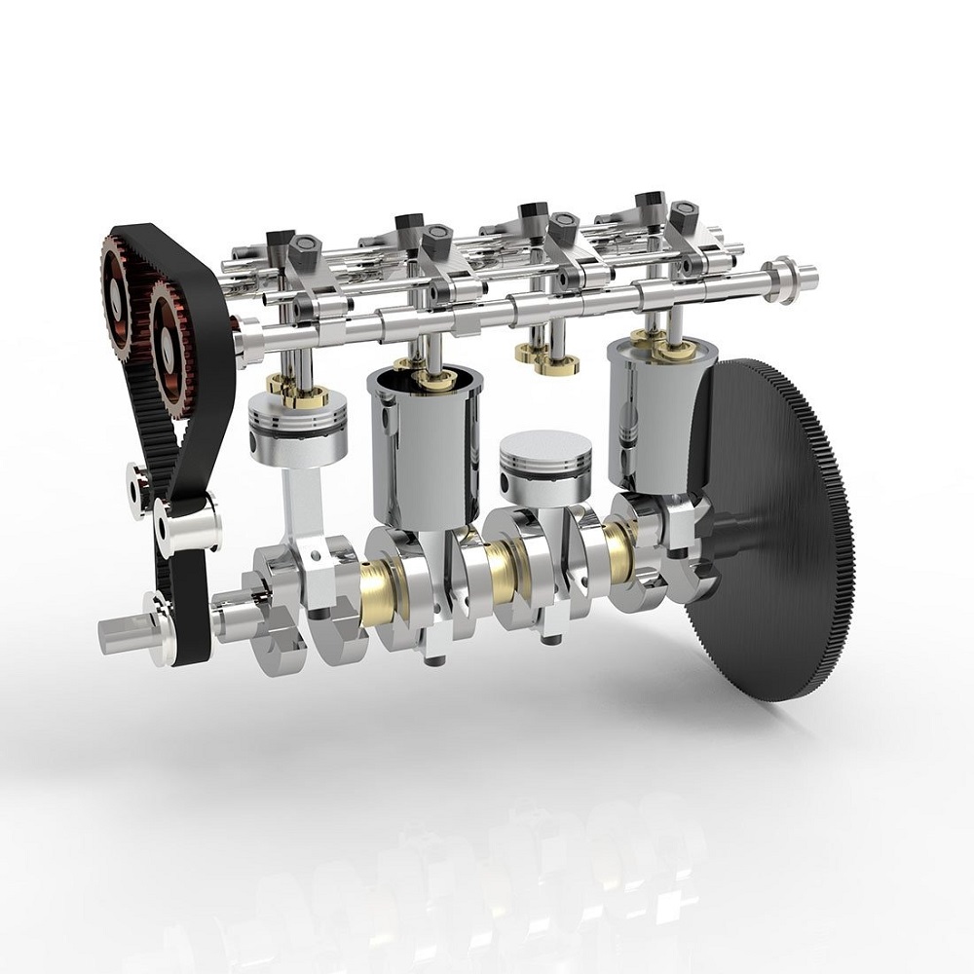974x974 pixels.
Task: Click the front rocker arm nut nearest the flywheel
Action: tap(683, 213)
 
